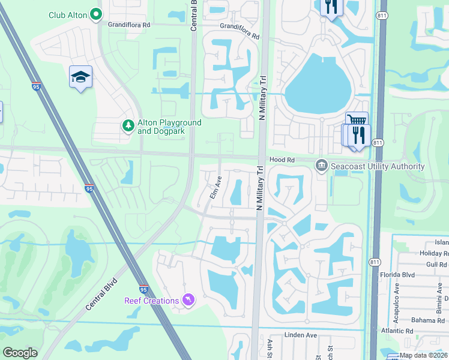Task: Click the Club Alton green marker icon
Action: tap(95, 15)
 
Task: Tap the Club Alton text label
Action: tap(65, 15)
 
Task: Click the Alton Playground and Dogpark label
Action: tap(169, 127)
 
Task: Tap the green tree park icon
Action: tap(127, 125)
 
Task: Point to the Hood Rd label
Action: tap(282, 160)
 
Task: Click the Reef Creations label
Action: tap(151, 301)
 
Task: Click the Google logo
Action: tap(20, 353)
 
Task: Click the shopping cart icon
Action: tap(355, 120)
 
